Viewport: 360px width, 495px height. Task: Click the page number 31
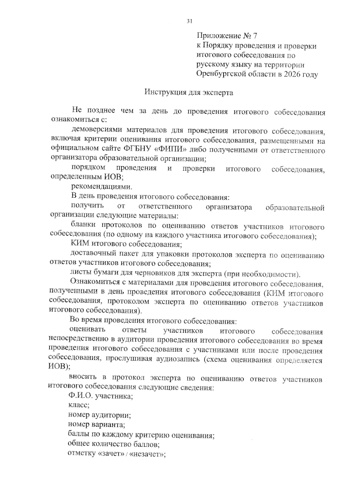click(189, 21)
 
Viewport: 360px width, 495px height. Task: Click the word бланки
click(83, 225)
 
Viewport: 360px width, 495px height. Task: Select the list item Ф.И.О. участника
click(101, 396)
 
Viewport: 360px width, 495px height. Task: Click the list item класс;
click(79, 405)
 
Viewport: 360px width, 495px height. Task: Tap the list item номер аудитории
click(99, 415)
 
